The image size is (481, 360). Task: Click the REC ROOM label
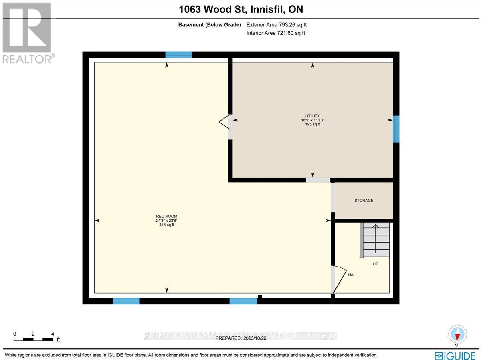pyautogui.click(x=166, y=216)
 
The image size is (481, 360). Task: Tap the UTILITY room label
pyautogui.click(x=312, y=115)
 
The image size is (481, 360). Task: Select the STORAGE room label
pyautogui.click(x=364, y=200)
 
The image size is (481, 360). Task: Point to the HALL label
pyautogui.click(x=353, y=275)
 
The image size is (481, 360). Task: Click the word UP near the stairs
pyautogui.click(x=375, y=264)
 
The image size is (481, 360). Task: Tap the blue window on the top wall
pyautogui.click(x=179, y=55)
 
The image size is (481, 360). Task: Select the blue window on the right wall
pyautogui.click(x=396, y=129)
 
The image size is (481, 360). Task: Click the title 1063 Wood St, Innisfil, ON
pyautogui.click(x=240, y=9)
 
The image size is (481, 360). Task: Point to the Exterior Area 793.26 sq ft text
pyautogui.click(x=277, y=25)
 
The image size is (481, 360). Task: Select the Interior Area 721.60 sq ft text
pyautogui.click(x=276, y=33)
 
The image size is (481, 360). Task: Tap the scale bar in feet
pyautogui.click(x=34, y=339)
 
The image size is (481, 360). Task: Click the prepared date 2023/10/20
pyautogui.click(x=241, y=338)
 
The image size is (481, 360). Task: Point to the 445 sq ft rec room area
pyautogui.click(x=166, y=225)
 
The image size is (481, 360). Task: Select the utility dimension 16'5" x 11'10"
pyautogui.click(x=312, y=120)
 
